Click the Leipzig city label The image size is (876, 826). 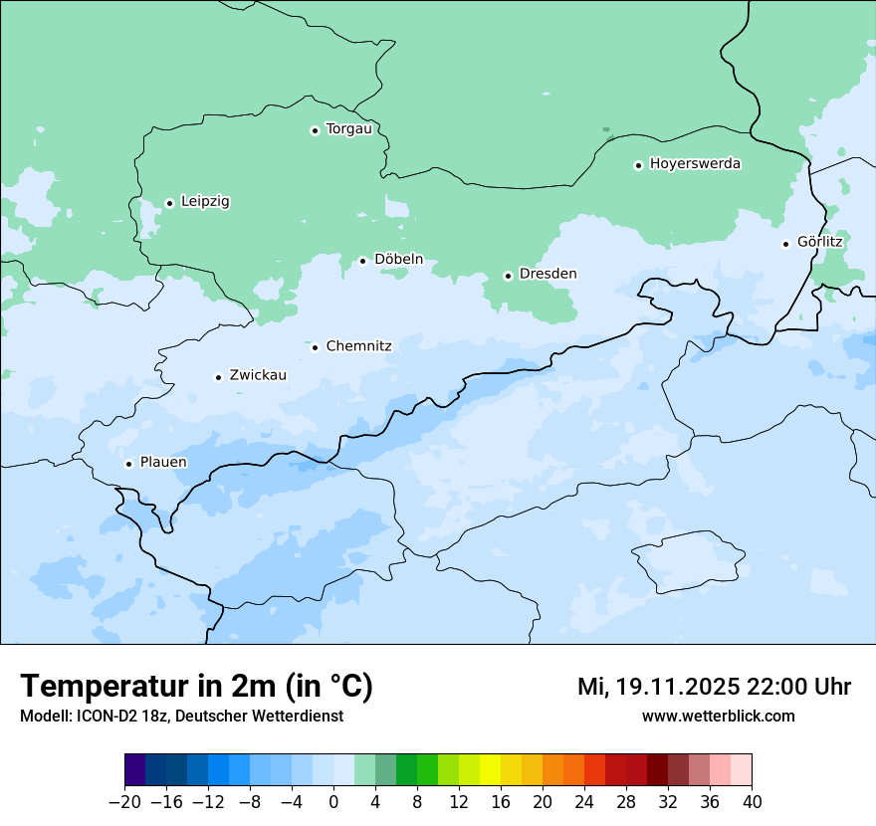pyautogui.click(x=205, y=202)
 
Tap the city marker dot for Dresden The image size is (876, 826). pyautogui.click(x=508, y=276)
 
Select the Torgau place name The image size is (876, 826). pyautogui.click(x=348, y=129)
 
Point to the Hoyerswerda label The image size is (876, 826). pyautogui.click(x=695, y=164)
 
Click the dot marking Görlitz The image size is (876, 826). pyautogui.click(x=785, y=243)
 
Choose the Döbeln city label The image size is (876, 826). pyautogui.click(x=398, y=260)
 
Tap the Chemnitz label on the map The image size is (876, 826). pyautogui.click(x=358, y=346)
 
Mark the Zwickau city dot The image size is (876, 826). pyautogui.click(x=218, y=377)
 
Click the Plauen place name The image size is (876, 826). pyautogui.click(x=162, y=463)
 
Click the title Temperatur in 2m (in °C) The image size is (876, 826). pyautogui.click(x=196, y=686)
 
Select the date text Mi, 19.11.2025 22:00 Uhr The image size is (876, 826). pyautogui.click(x=714, y=687)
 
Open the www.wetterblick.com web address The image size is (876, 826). pyautogui.click(x=718, y=716)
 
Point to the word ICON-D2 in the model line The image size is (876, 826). pyautogui.click(x=103, y=716)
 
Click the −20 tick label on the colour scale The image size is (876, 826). pyautogui.click(x=124, y=802)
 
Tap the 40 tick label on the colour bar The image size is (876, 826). pyautogui.click(x=752, y=802)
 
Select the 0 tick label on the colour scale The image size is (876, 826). pyautogui.click(x=333, y=802)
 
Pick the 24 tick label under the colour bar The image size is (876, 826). pyautogui.click(x=584, y=802)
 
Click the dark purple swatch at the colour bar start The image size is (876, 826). pyautogui.click(x=135, y=770)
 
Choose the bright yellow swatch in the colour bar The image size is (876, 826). pyautogui.click(x=490, y=770)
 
